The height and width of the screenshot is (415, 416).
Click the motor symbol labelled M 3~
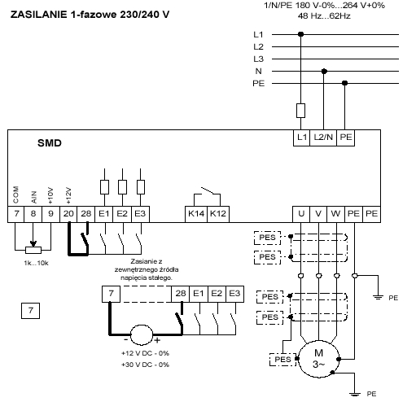(318, 359)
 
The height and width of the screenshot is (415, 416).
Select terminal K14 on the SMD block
(196, 214)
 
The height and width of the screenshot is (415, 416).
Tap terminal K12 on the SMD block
(218, 214)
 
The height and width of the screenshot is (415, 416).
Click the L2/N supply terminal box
(323, 138)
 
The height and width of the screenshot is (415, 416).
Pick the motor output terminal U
(301, 214)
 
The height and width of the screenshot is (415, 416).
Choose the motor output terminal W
(335, 214)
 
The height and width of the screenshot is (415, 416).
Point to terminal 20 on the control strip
(68, 214)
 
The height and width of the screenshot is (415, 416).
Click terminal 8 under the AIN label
(33, 214)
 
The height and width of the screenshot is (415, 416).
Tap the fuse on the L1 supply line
(300, 111)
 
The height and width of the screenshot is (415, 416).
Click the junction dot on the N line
(324, 72)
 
